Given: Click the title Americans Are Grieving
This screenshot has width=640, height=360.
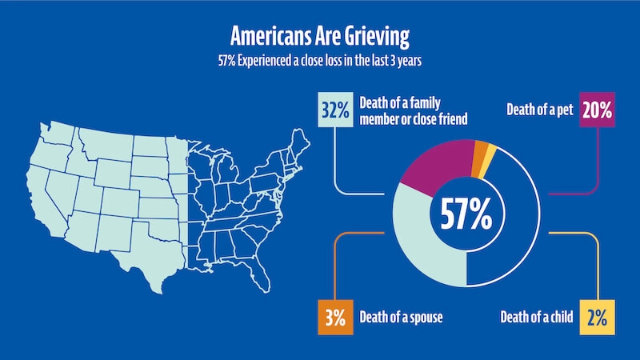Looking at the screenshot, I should (x=319, y=36).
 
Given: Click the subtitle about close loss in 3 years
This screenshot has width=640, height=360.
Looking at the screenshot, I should (x=319, y=59).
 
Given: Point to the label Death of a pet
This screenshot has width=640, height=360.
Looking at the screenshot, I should (x=540, y=111).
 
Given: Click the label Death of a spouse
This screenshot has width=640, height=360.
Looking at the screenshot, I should (x=402, y=318).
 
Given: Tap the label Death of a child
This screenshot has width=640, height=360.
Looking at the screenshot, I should (x=537, y=318).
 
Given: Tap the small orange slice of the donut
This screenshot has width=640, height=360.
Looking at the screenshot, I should (x=480, y=150).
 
